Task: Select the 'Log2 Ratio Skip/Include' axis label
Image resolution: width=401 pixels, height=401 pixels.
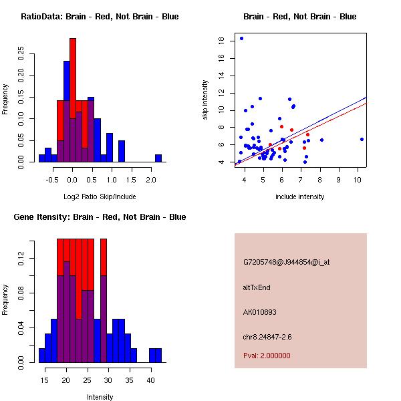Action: (100, 196)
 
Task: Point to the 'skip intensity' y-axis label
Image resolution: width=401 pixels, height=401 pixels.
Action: (206, 100)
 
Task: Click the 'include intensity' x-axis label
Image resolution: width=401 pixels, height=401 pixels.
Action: (299, 196)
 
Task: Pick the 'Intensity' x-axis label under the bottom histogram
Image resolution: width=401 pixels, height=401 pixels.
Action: (100, 397)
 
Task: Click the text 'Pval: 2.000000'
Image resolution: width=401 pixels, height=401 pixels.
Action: (267, 356)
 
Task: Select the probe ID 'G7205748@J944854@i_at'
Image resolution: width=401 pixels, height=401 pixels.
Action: (286, 262)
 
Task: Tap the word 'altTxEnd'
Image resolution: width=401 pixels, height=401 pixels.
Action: (257, 287)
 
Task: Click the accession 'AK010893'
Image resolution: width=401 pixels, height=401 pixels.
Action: (260, 312)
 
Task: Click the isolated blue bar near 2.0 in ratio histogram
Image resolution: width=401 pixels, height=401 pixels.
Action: (158, 158)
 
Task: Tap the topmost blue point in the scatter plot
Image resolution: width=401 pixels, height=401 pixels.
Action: (241, 38)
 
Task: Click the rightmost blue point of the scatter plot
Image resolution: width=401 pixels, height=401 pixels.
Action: (362, 139)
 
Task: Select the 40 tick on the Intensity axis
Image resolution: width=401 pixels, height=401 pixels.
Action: (150, 380)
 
